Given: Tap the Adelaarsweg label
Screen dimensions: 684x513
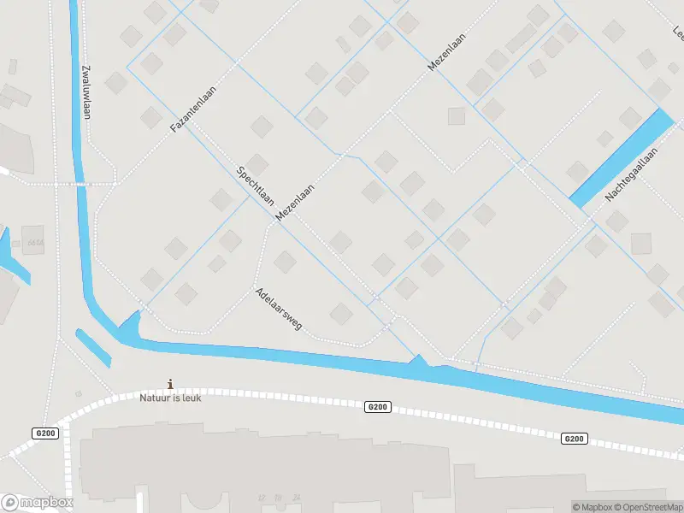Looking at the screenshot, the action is [278, 310].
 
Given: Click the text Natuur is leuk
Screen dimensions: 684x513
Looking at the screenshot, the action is [171, 398].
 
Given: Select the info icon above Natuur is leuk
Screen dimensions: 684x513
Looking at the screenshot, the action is [171, 384].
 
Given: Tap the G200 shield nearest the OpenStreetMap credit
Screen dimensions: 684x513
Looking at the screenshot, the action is [574, 439].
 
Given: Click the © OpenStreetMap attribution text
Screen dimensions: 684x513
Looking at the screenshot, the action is [649, 506].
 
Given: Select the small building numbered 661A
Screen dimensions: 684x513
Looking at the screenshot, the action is [33, 240].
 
